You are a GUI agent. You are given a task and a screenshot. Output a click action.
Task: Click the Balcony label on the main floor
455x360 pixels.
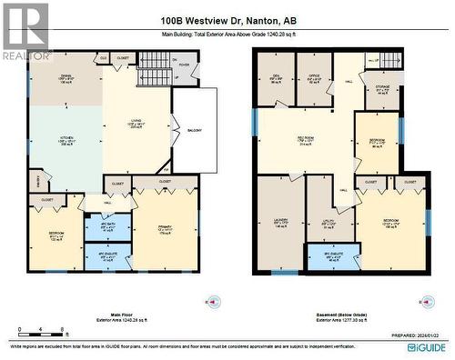pos(194,128)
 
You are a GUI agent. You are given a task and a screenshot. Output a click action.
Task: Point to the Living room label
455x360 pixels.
pos(136,126)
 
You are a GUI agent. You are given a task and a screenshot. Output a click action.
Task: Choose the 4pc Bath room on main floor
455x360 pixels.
pos(107,226)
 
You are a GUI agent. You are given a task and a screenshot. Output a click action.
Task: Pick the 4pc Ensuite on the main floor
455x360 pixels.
pos(107,255)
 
